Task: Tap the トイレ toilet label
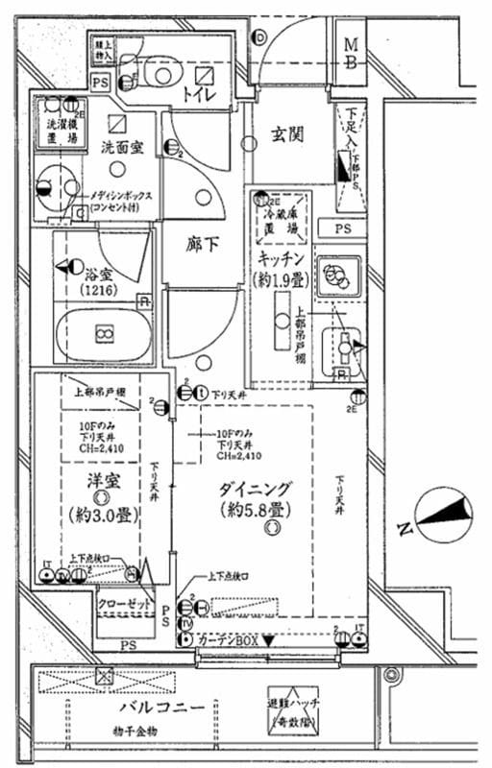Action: [200, 93]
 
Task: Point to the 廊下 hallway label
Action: [201, 244]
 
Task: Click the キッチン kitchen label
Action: [281, 260]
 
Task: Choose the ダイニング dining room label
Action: [254, 487]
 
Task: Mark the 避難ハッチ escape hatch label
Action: [300, 711]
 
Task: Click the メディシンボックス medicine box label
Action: [126, 201]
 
